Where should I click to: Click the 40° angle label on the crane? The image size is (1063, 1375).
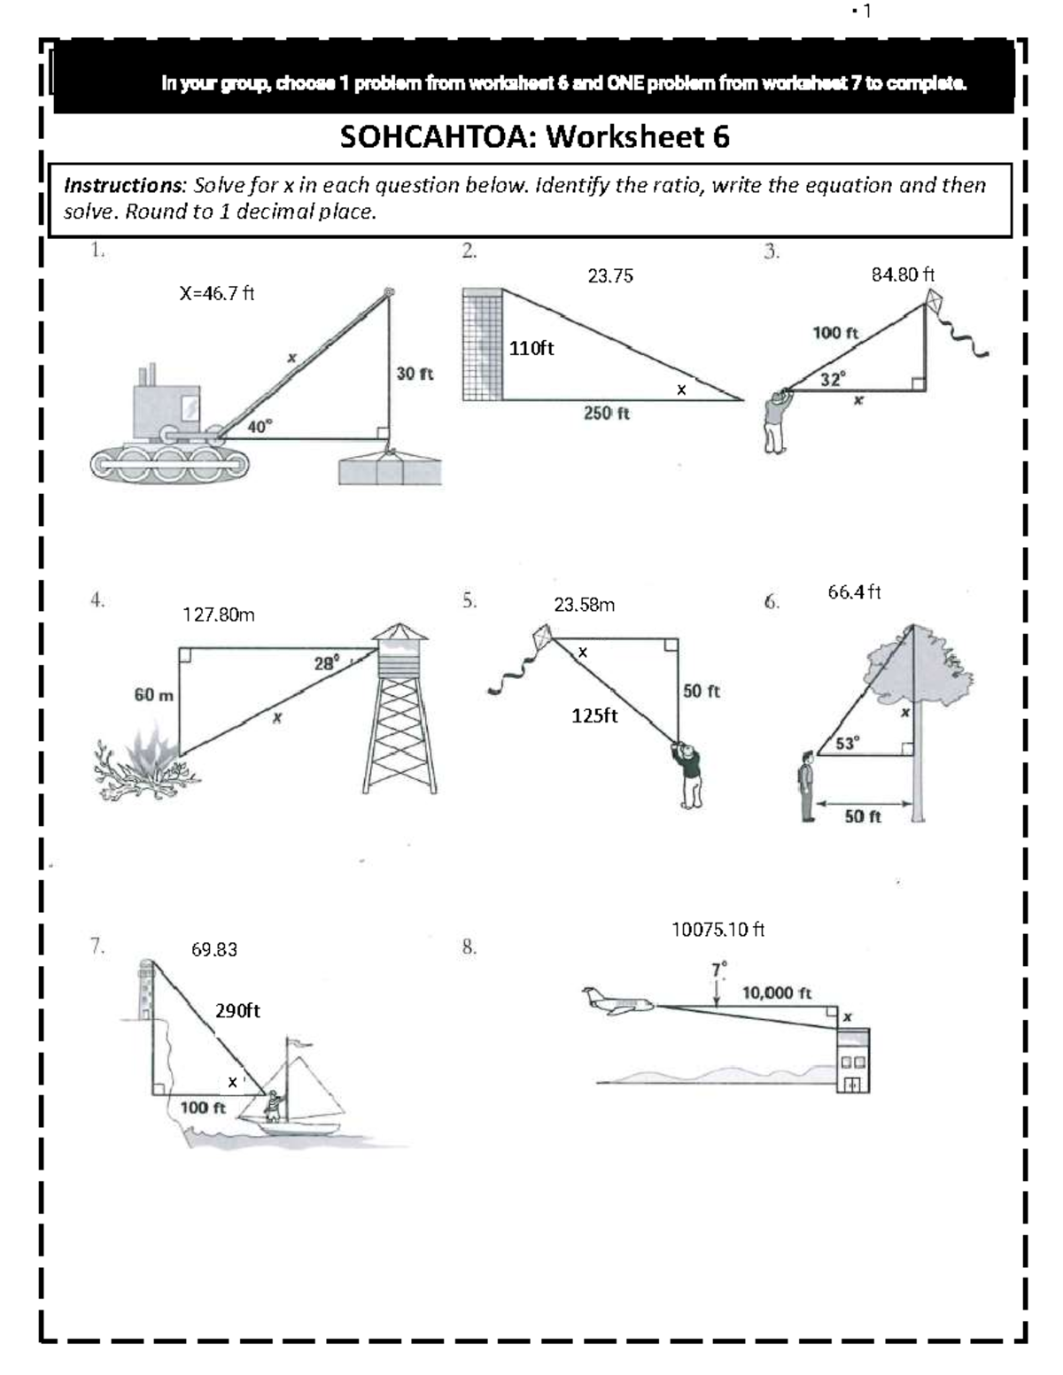260,426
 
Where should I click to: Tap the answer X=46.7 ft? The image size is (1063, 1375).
217,294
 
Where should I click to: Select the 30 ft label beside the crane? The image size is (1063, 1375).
415,374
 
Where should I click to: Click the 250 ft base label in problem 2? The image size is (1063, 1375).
607,413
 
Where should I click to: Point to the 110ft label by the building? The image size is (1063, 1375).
531,349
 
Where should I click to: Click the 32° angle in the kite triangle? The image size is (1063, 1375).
833,379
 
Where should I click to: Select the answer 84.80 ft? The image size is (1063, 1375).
903,274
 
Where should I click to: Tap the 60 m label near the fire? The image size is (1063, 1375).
154,695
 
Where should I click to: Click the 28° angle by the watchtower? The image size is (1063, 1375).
326,663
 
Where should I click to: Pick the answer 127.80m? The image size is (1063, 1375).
219,614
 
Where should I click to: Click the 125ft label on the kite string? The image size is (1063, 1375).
594,715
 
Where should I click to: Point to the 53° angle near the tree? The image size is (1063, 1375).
848,743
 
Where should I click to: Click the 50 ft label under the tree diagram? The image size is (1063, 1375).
862,816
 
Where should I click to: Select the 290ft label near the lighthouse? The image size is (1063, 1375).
237,1011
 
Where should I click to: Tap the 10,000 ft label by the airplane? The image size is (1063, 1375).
777,993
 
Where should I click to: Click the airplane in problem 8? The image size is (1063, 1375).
618,1001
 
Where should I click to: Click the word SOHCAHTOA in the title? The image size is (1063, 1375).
438,137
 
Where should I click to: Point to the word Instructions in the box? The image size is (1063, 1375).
122,185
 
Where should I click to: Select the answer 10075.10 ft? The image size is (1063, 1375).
718,930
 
